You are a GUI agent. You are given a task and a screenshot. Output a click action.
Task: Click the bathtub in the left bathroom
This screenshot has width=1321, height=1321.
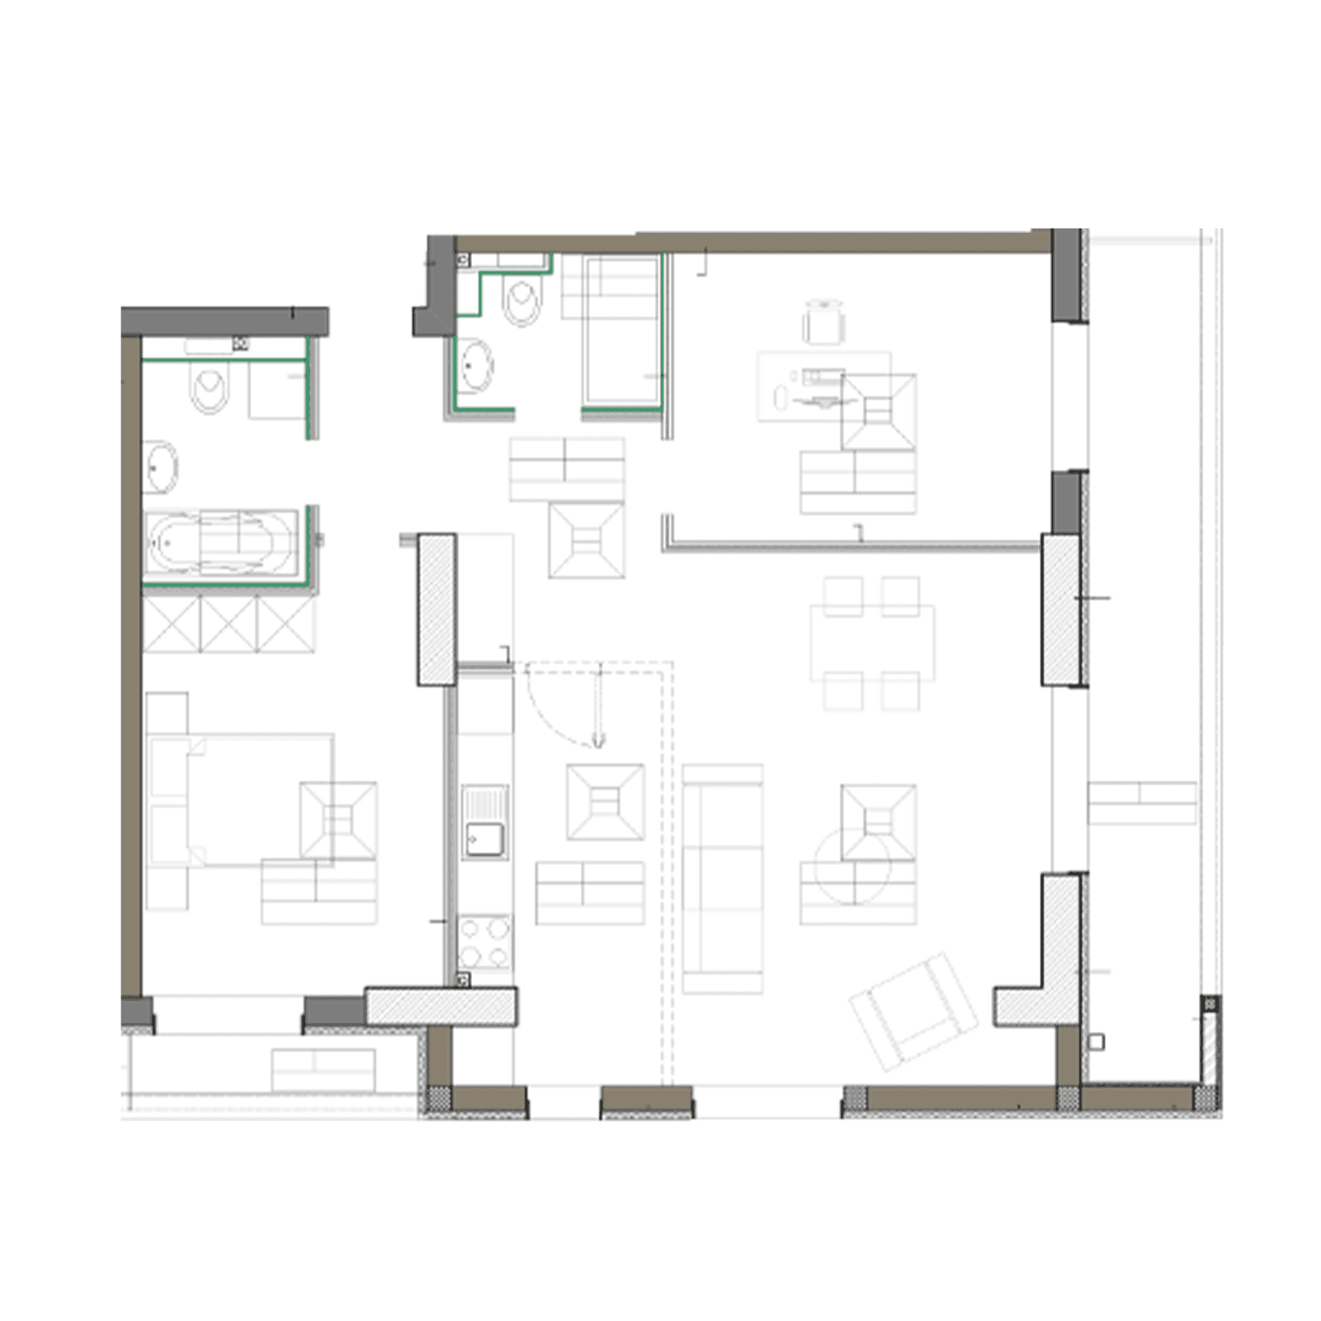click(x=221, y=541)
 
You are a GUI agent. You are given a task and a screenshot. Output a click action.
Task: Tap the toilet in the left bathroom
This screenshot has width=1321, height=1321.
click(x=209, y=388)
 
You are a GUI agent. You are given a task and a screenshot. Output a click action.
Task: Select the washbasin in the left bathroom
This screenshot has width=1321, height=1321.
click(x=161, y=467)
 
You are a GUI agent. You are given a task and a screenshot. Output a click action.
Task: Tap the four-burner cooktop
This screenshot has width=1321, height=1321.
click(x=484, y=943)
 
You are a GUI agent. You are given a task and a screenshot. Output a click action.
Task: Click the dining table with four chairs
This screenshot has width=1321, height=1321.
click(x=872, y=643)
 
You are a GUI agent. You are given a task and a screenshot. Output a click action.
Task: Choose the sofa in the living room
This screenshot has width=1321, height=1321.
click(x=722, y=879)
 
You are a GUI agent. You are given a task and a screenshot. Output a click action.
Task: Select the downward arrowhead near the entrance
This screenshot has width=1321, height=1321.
click(x=598, y=741)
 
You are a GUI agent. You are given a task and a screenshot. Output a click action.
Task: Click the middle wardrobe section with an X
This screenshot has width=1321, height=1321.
click(x=228, y=625)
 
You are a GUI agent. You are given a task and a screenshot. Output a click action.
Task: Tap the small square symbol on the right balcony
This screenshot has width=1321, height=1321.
click(x=1097, y=1043)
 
